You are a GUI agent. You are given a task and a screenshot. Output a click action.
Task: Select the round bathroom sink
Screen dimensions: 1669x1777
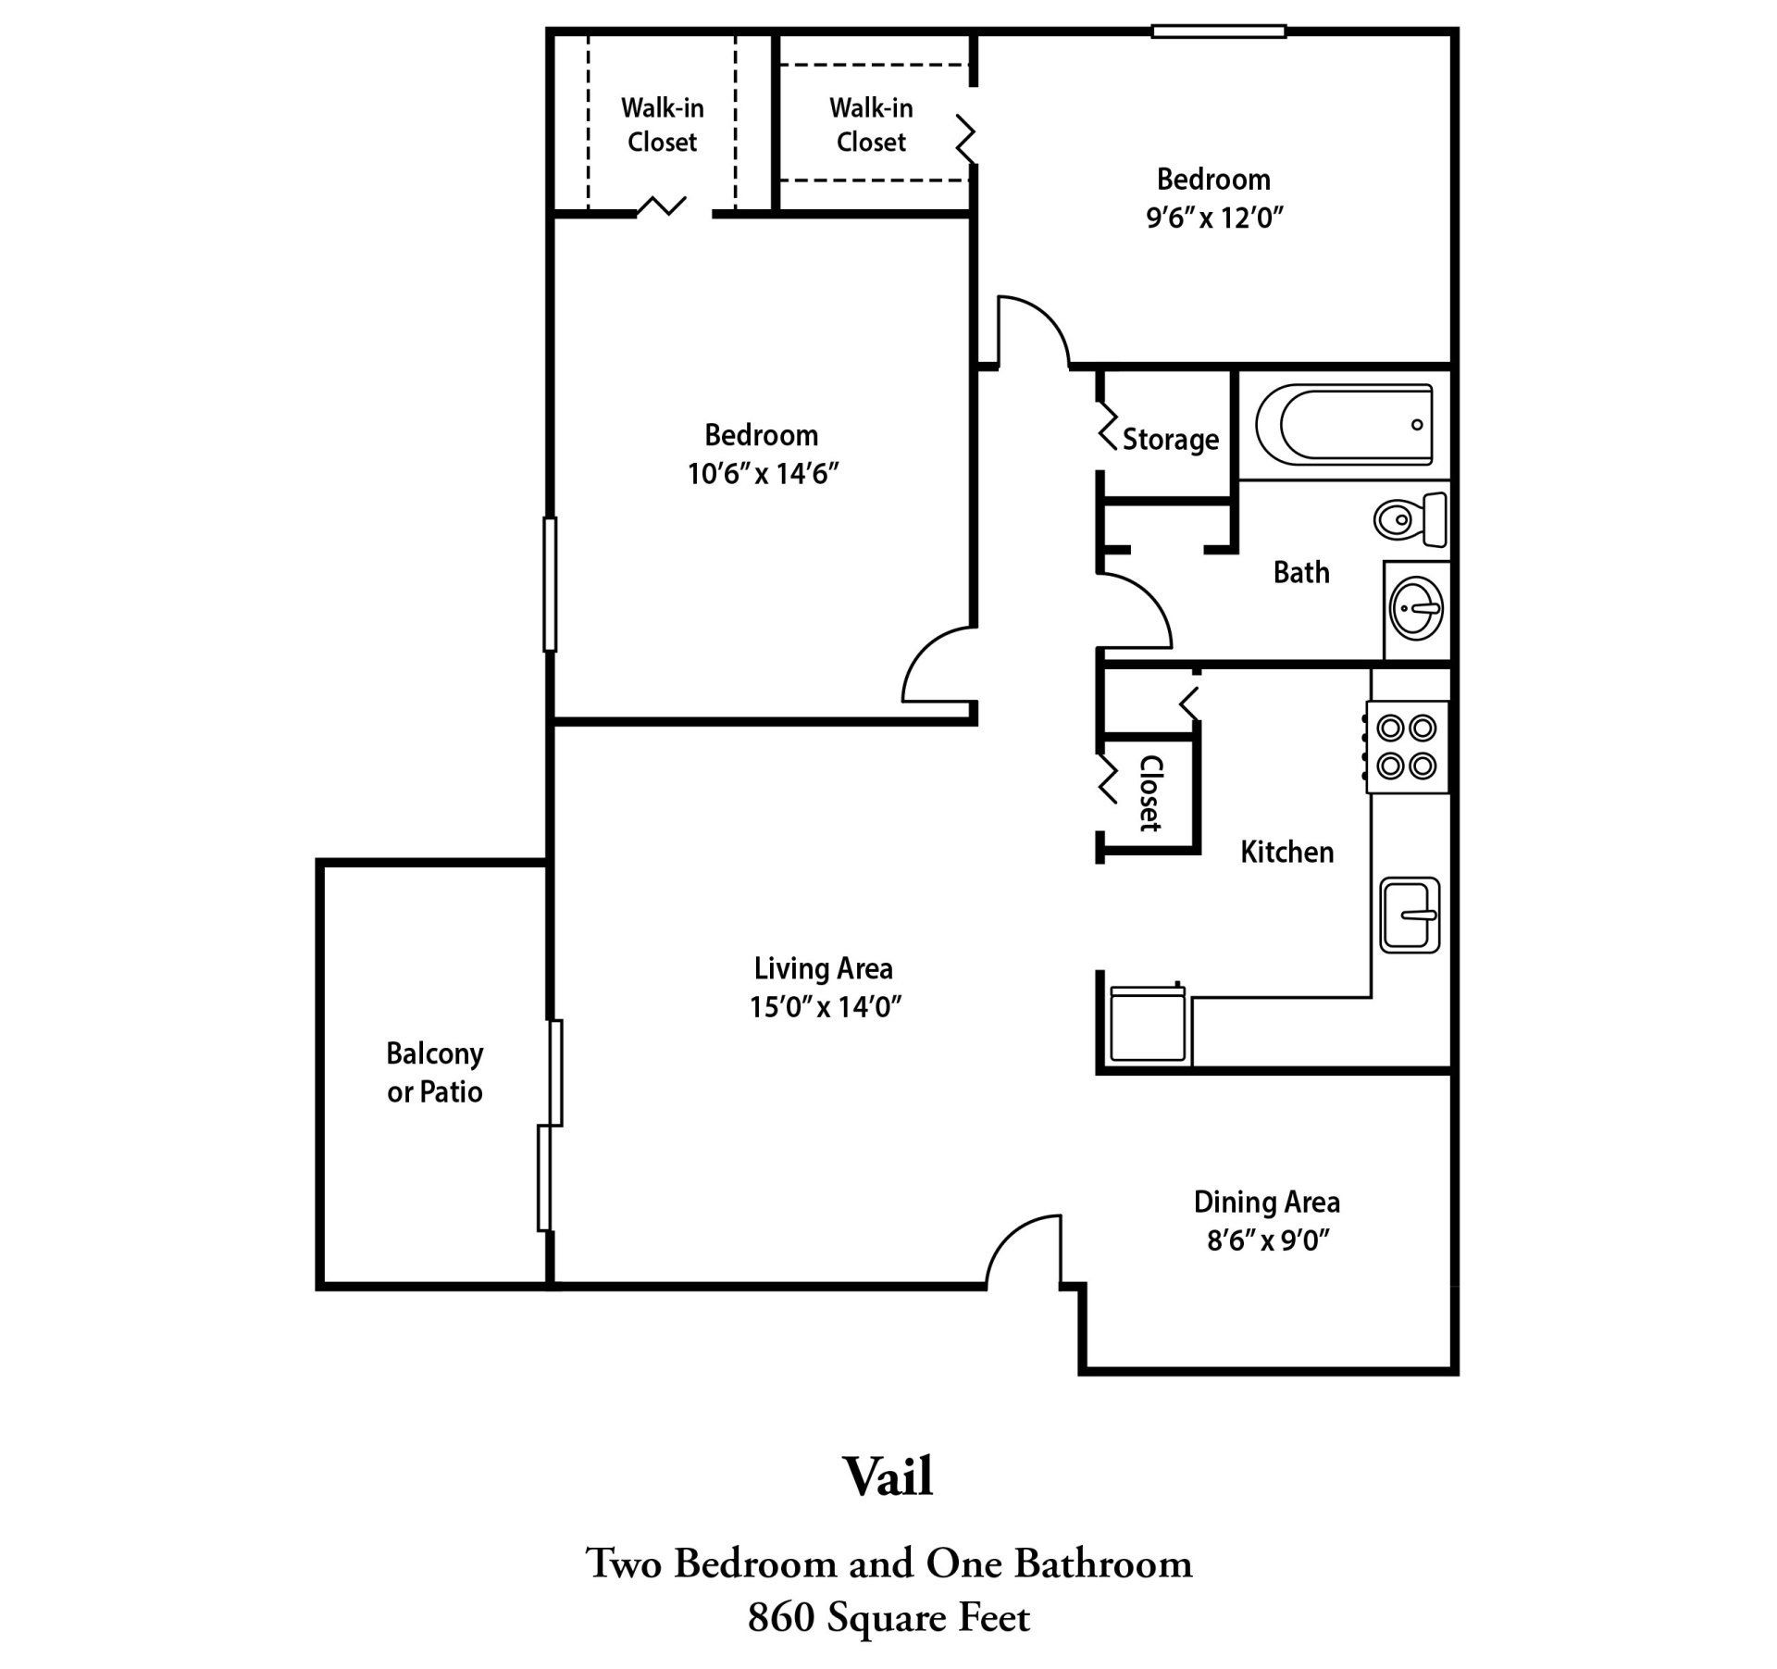pyautogui.click(x=1416, y=609)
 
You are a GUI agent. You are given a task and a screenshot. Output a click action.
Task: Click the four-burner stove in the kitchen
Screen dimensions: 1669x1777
pyautogui.click(x=1407, y=746)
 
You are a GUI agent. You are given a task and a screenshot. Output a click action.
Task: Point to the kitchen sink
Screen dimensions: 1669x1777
pyautogui.click(x=1410, y=915)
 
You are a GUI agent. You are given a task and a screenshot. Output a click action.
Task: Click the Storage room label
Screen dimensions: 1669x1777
pyautogui.click(x=1170, y=439)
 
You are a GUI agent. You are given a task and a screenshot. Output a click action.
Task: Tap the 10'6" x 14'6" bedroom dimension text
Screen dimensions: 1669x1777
pyautogui.click(x=762, y=474)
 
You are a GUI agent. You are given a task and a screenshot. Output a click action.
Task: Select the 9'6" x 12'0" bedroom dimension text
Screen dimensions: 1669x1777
pyautogui.click(x=1214, y=218)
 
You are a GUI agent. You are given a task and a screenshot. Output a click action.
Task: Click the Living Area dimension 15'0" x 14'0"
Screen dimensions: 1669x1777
pyautogui.click(x=825, y=1006)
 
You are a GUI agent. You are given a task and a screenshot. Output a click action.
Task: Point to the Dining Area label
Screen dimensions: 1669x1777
pyautogui.click(x=1266, y=1202)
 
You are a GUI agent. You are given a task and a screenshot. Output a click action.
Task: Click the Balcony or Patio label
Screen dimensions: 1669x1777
pyautogui.click(x=434, y=1072)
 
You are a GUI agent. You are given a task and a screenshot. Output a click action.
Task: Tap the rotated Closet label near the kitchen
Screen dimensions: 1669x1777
pyautogui.click(x=1149, y=793)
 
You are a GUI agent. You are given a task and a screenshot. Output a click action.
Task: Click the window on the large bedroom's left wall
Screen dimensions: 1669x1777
pyautogui.click(x=550, y=584)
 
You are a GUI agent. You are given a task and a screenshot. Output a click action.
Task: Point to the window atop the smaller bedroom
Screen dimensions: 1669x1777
pyautogui.click(x=1218, y=31)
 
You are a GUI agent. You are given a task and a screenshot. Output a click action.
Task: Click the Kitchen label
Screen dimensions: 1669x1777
pyautogui.click(x=1286, y=852)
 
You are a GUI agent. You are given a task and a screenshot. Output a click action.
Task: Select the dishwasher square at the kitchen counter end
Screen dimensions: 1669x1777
pyautogui.click(x=1147, y=1024)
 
